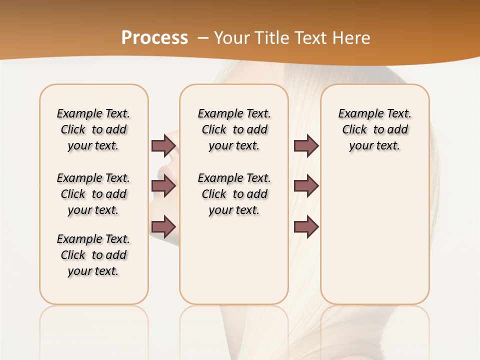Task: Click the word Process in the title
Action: pyautogui.click(x=154, y=37)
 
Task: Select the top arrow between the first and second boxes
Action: pyautogui.click(x=163, y=146)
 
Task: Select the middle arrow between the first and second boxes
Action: pyautogui.click(x=163, y=186)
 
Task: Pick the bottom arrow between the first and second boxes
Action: pyautogui.click(x=163, y=227)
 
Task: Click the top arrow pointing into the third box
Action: pyautogui.click(x=306, y=146)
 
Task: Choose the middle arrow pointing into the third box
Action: pyautogui.click(x=306, y=186)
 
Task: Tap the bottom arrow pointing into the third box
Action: pyautogui.click(x=306, y=227)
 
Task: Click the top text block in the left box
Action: pyautogui.click(x=93, y=129)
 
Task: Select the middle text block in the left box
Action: pyautogui.click(x=93, y=194)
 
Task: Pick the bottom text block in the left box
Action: pyautogui.click(x=93, y=255)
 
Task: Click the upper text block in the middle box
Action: pyautogui.click(x=234, y=129)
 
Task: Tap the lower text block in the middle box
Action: pyautogui.click(x=234, y=194)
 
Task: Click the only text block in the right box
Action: pyautogui.click(x=374, y=129)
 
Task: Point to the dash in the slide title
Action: pyautogui.click(x=203, y=38)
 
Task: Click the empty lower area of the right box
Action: pyautogui.click(x=374, y=240)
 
